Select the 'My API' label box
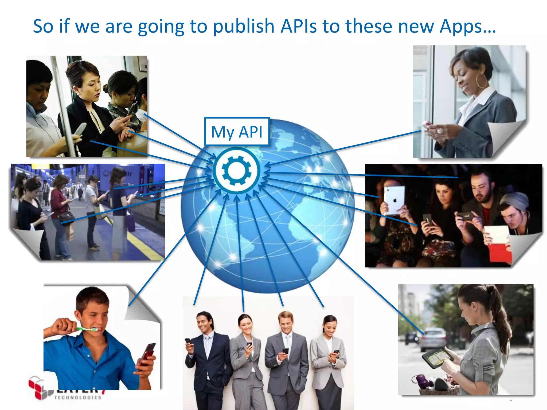[x=237, y=132]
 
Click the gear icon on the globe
[x=237, y=170]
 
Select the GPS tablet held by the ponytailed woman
[x=437, y=358]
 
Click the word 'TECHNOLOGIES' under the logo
[x=78, y=397]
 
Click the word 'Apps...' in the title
[x=468, y=27]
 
